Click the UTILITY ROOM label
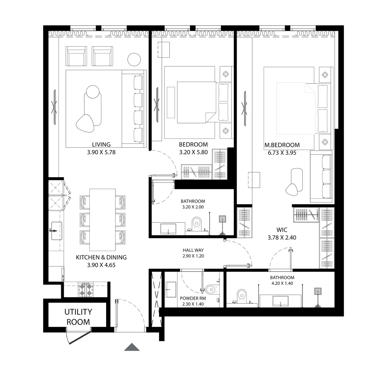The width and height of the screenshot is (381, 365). tap(78, 317)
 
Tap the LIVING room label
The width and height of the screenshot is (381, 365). tap(101, 145)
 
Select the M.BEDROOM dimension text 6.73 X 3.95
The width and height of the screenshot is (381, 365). tap(282, 153)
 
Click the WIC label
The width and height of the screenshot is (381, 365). tap(282, 230)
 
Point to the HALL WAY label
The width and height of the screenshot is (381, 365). tap(193, 250)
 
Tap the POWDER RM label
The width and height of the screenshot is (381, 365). tap(193, 298)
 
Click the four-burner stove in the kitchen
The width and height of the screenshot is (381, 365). tap(86, 290)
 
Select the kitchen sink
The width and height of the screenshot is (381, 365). tap(56, 231)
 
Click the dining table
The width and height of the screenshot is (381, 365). tap(103, 220)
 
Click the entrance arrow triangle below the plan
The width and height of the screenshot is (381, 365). tap(132, 347)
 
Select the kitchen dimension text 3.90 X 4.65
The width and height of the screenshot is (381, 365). tap(101, 265)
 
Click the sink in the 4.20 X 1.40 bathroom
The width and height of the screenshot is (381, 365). tap(280, 301)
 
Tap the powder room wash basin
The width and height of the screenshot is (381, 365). tap(171, 289)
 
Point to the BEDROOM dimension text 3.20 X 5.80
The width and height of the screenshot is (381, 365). tap(193, 152)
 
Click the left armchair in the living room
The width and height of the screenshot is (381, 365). tap(76, 56)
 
